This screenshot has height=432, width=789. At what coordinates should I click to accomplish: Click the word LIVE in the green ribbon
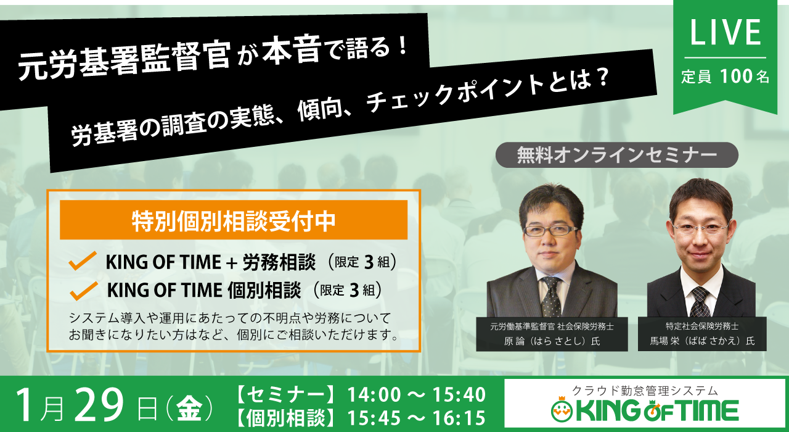coord(726,32)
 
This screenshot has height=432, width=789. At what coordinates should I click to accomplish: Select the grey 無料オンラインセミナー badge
coord(617,155)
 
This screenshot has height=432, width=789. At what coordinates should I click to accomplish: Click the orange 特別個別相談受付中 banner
coord(234,220)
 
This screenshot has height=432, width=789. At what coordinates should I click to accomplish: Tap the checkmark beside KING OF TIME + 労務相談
coord(83,261)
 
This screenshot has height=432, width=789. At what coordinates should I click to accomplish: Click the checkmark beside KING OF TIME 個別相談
coord(83,291)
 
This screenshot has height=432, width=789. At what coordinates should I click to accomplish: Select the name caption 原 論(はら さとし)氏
coord(552,341)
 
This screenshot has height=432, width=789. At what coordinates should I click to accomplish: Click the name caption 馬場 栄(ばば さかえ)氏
coord(702,341)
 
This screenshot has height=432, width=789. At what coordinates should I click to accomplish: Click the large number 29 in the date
coord(99,405)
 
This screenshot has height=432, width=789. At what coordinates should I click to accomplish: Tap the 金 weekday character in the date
coord(189,409)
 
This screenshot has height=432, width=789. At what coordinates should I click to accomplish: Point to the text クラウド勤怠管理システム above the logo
coord(645,391)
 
